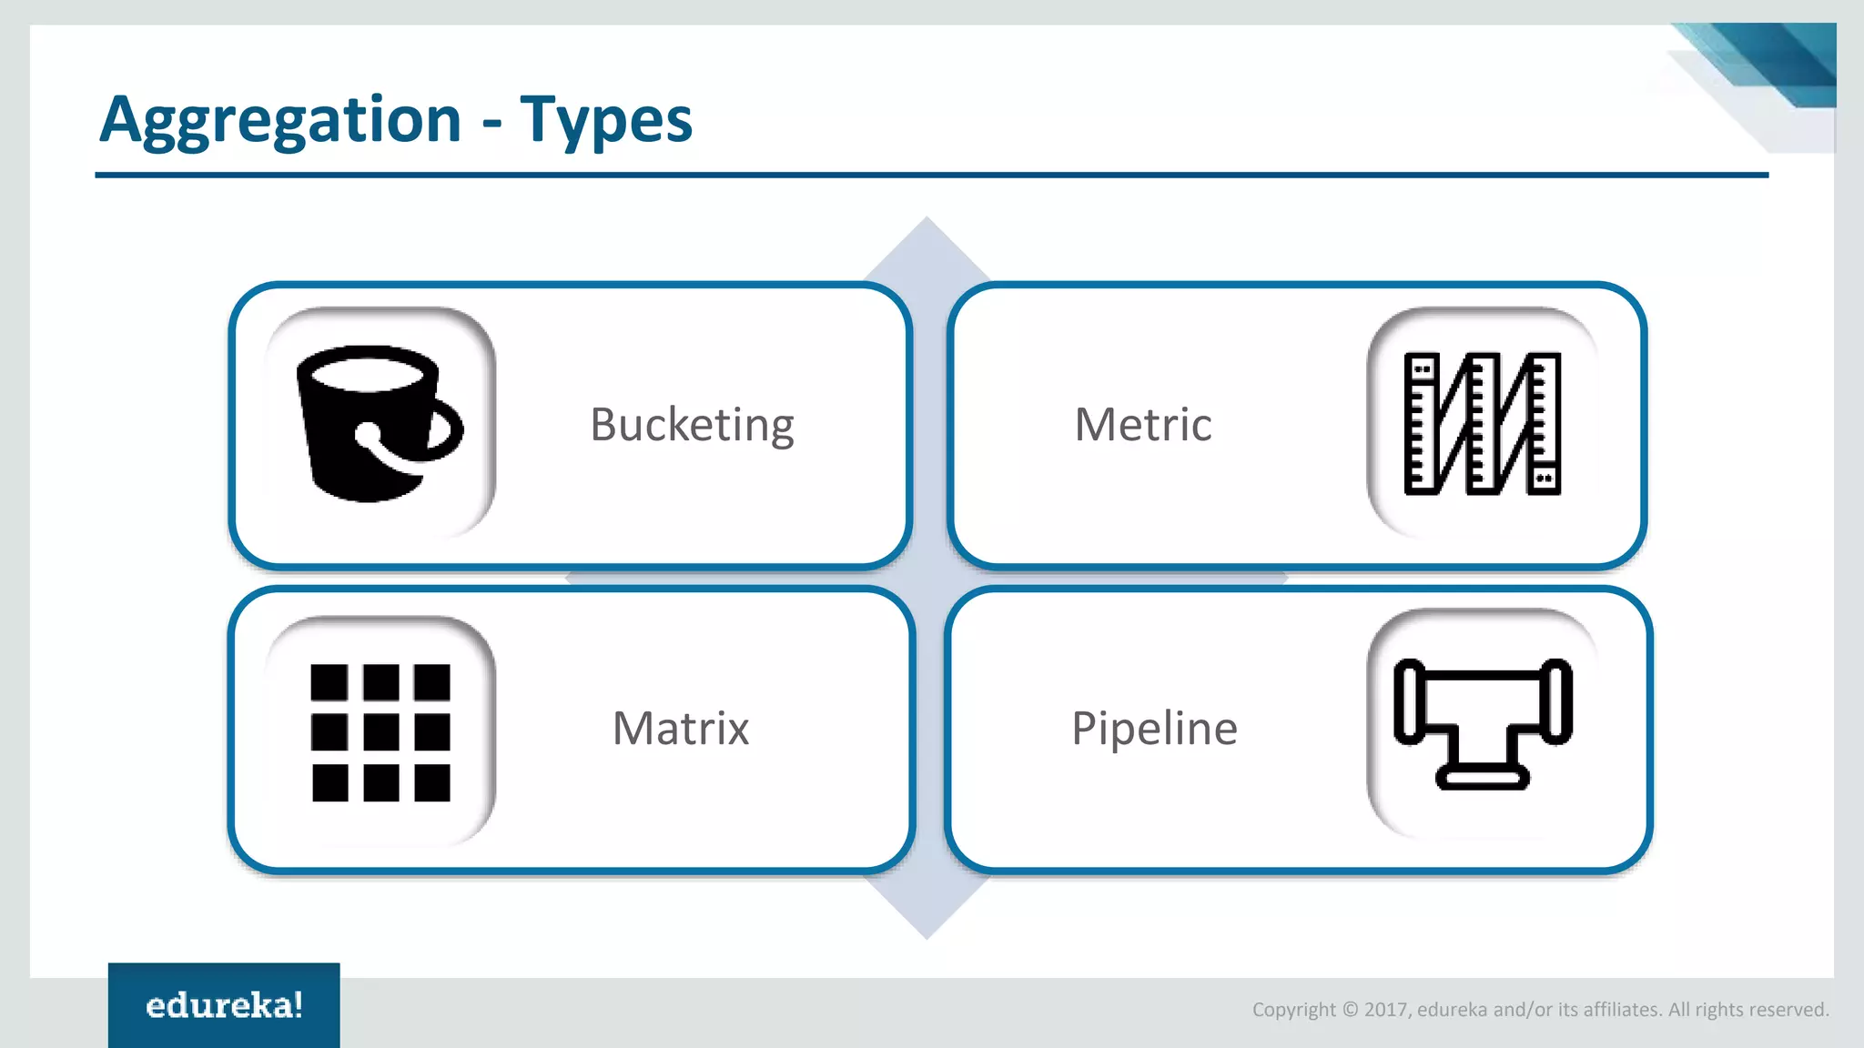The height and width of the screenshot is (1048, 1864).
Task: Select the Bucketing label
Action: tap(692, 424)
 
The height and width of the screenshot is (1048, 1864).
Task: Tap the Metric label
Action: tap(1142, 424)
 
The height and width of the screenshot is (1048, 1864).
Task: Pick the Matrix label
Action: tap(680, 728)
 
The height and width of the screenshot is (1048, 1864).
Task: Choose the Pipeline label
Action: tap(1154, 728)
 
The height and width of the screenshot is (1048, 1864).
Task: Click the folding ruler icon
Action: tap(1482, 424)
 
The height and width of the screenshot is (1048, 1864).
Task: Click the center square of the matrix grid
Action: tap(380, 732)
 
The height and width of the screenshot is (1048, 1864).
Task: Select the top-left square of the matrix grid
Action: tap(329, 682)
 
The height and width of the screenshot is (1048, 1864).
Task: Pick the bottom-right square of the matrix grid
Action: tap(431, 782)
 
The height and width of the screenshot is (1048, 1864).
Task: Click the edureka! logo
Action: tap(224, 1005)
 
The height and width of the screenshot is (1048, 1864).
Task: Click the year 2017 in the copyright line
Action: tap(1386, 1009)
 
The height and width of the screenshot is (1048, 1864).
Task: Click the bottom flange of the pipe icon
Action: tap(1482, 778)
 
